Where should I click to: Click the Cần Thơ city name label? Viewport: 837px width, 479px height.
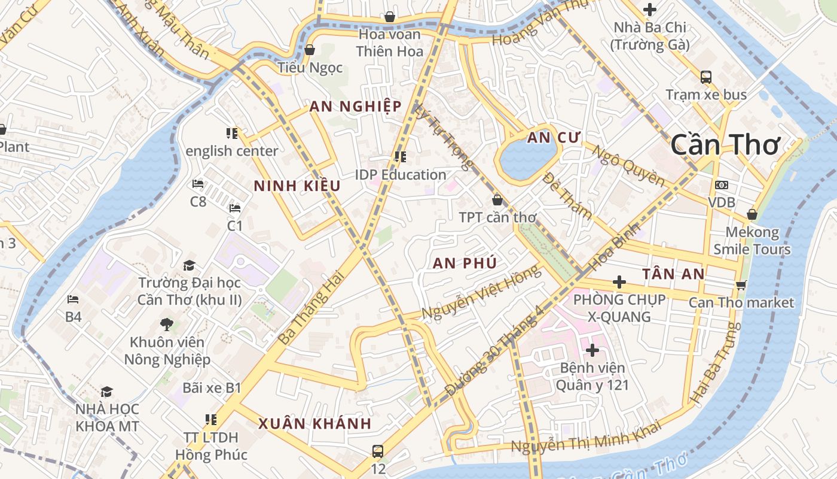pos(725,145)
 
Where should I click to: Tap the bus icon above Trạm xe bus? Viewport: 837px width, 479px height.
pos(706,77)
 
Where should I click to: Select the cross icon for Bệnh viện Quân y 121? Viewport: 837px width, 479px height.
pos(592,350)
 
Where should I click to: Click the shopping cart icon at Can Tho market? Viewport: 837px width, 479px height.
pos(741,285)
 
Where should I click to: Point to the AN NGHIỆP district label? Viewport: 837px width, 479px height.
pos(355,107)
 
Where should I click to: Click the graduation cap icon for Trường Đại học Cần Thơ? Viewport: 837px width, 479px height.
pos(189,265)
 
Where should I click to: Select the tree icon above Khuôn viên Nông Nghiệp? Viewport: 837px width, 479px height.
pos(167,325)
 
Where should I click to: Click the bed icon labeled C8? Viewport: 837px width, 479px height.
pos(198,184)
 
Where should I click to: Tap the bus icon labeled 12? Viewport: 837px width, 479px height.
pos(378,451)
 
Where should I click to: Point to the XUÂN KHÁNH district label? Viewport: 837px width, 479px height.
pos(314,424)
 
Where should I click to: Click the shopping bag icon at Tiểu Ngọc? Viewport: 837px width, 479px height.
pos(310,50)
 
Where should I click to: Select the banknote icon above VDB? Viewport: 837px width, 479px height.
pos(722,185)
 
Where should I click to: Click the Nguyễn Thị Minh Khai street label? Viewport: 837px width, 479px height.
pos(586,437)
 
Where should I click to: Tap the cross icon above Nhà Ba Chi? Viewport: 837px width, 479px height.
pos(650,10)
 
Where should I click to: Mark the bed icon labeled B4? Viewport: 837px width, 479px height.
pos(73,299)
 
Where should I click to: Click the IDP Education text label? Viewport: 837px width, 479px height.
pos(401,175)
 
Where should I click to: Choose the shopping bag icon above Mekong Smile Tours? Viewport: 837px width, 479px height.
pos(752,214)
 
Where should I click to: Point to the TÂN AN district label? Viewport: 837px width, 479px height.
pos(673,274)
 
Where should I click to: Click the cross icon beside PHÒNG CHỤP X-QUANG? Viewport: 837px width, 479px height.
pos(619,282)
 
